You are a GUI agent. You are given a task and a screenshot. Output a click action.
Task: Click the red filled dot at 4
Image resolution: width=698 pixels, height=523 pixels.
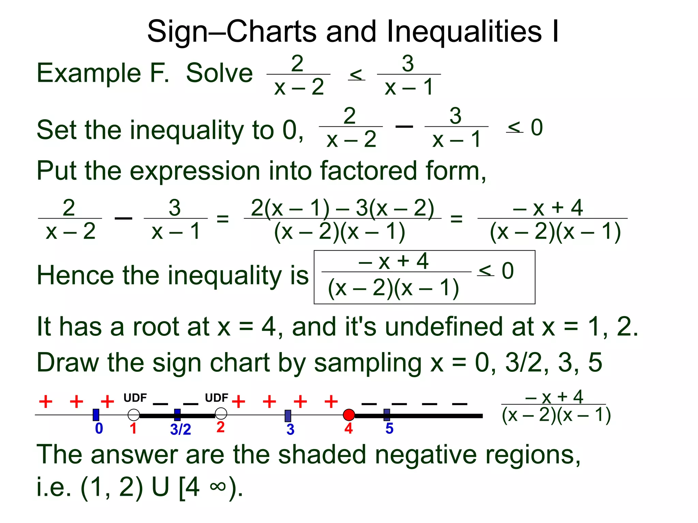[x=349, y=415]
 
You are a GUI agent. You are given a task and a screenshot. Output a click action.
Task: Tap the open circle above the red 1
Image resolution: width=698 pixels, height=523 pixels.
[x=134, y=415]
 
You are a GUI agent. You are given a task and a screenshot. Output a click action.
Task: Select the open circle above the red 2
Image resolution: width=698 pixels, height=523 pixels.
[x=221, y=414]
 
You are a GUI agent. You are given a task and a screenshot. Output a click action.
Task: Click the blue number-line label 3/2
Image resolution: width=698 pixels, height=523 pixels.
[x=180, y=429]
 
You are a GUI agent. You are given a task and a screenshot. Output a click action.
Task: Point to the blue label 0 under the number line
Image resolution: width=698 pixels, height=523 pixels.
[x=99, y=428]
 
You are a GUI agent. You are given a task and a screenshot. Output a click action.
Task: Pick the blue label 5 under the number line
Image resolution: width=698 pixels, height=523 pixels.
[x=389, y=428]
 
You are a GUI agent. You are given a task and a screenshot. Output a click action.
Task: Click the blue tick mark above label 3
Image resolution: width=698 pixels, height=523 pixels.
[x=288, y=416]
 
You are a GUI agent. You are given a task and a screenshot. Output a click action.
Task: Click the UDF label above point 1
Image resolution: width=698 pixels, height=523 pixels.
[x=135, y=398]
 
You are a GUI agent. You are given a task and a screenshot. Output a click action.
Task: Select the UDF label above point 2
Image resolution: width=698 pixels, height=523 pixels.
[x=216, y=398]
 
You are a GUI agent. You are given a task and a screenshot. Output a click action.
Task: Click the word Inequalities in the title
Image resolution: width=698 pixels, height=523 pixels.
[x=464, y=31]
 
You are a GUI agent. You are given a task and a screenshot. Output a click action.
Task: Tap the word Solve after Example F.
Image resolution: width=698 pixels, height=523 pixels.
[x=219, y=73]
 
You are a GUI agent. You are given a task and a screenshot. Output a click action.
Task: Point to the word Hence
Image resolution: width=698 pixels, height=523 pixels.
[x=75, y=275]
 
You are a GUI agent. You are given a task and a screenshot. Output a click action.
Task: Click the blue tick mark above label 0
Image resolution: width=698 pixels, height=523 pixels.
[x=96, y=415]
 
